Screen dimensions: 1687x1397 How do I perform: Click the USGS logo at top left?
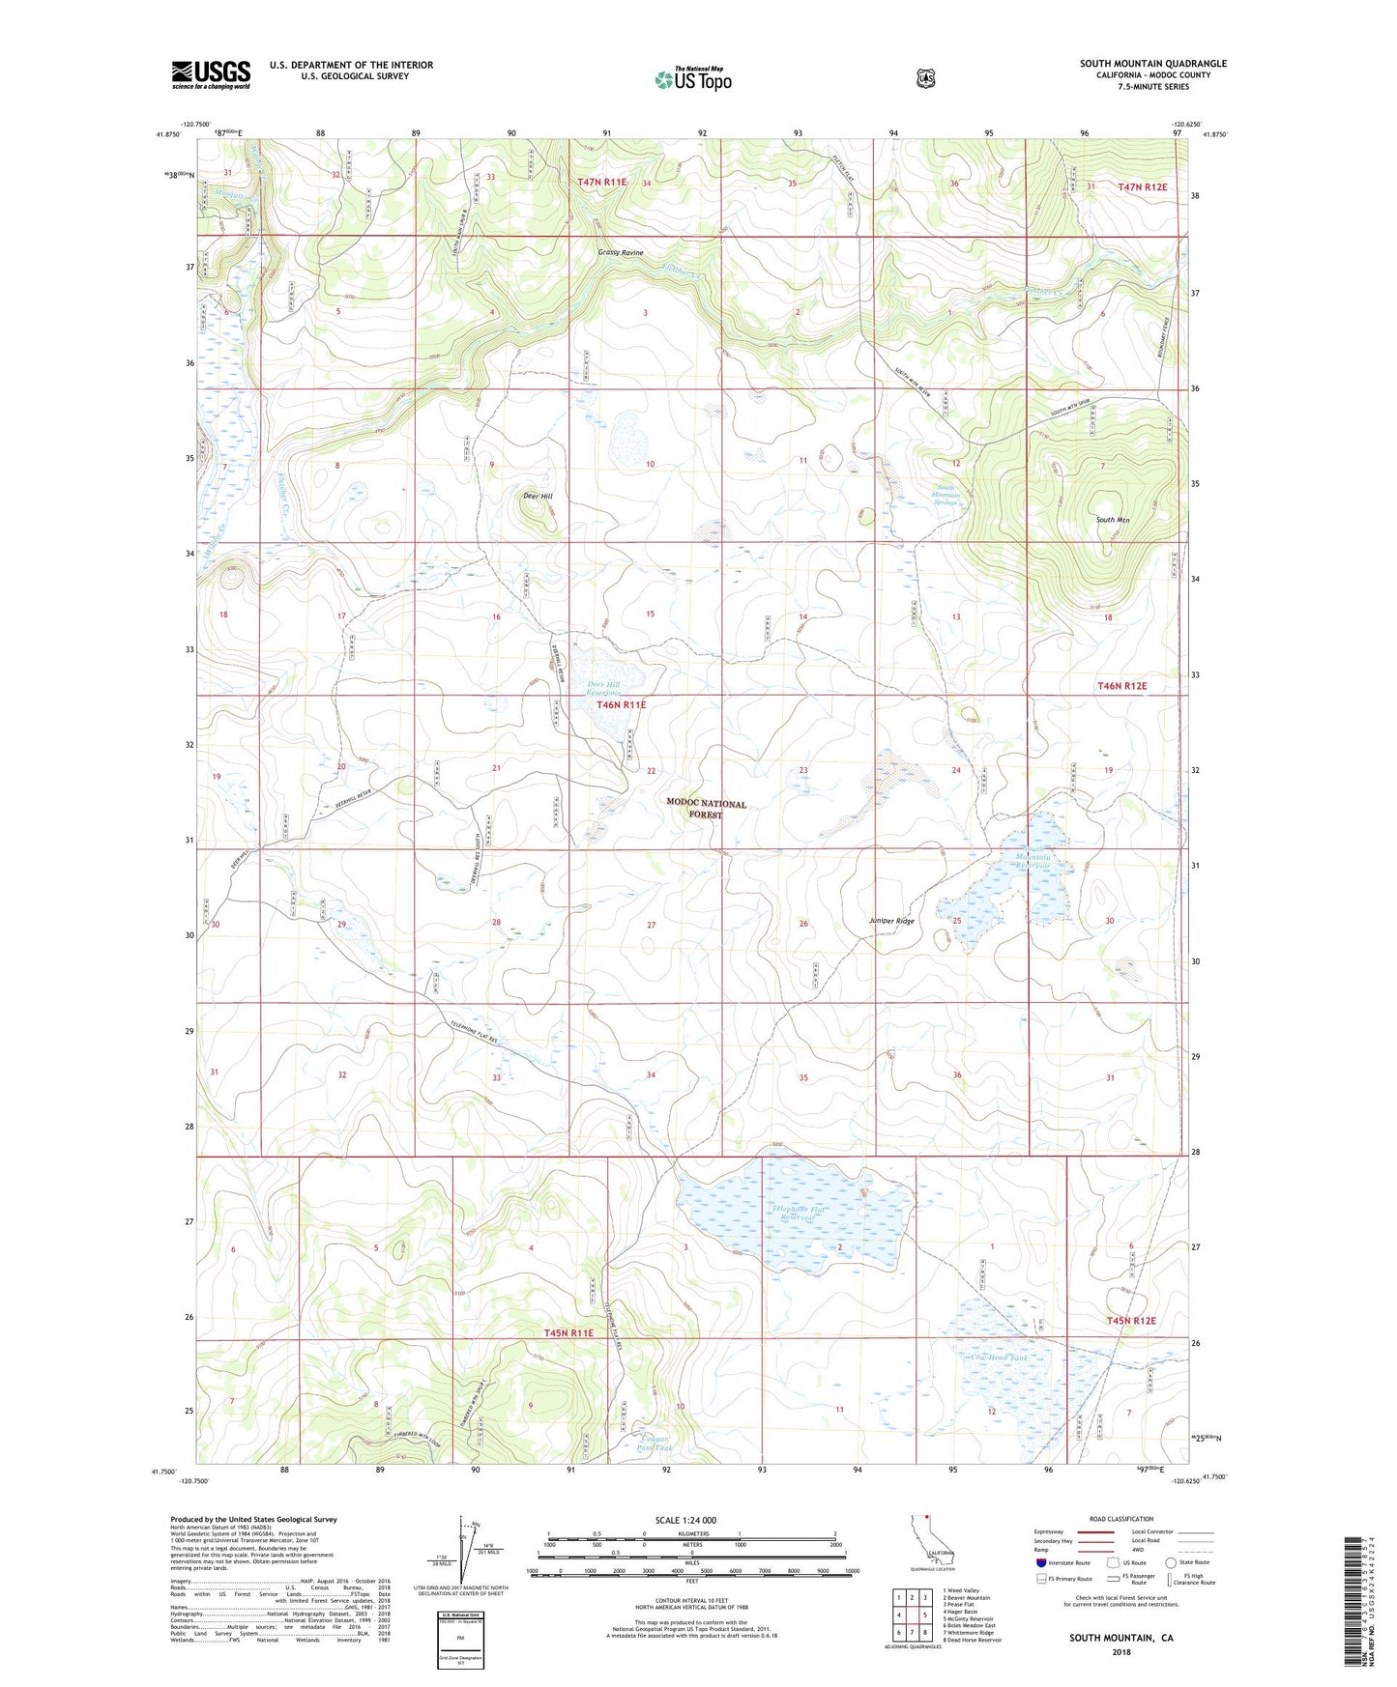[x=211, y=74]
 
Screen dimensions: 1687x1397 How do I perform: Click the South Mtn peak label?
[x=1113, y=520]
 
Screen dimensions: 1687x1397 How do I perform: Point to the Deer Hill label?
[x=538, y=496]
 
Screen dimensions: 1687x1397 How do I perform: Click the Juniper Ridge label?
[x=891, y=921]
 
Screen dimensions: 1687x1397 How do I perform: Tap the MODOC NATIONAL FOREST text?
[x=706, y=809]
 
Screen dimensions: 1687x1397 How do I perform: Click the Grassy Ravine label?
[x=620, y=252]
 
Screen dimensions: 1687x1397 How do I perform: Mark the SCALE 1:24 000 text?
[x=685, y=1520]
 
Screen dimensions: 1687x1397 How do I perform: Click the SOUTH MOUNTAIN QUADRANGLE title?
[x=1152, y=64]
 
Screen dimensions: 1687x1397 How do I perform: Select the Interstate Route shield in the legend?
[x=1040, y=1562]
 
